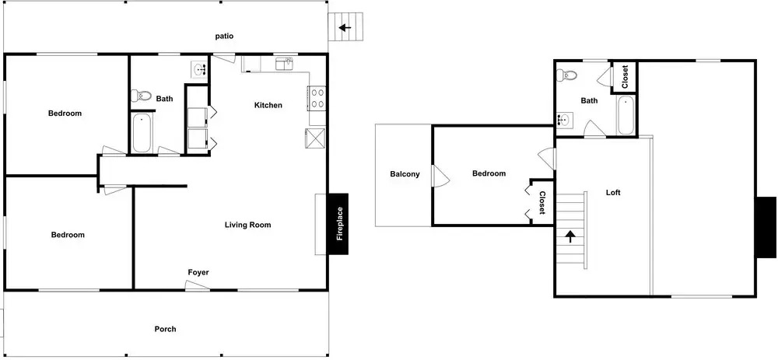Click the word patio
224,37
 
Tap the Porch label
165,329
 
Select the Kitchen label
268,105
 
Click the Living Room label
247,225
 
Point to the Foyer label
198,272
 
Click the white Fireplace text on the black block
340,224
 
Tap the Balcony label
405,174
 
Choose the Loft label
613,192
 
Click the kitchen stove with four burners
317,98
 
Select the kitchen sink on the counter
284,64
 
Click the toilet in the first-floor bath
141,95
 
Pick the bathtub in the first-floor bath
142,133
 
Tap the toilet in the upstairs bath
566,76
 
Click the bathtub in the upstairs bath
626,115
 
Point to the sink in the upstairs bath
565,120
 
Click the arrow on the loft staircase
570,236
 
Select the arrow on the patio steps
345,28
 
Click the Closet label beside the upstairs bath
625,77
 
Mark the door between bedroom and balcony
440,176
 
